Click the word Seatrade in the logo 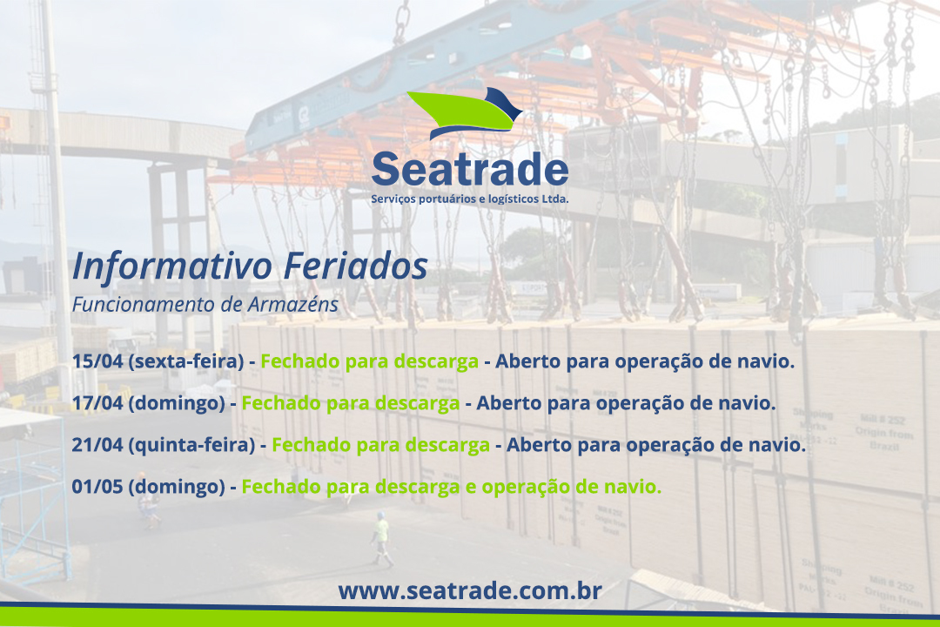[x=470, y=169]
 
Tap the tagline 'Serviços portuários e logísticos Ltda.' [x=470, y=199]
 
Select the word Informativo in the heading [x=172, y=266]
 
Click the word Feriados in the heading [x=355, y=266]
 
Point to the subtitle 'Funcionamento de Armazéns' [x=205, y=304]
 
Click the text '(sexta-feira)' [x=186, y=361]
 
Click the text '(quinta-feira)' [x=191, y=445]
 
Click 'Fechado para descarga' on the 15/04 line [x=369, y=361]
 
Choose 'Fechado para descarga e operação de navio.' [x=452, y=487]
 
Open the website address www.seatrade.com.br [x=470, y=591]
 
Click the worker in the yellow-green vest [x=380, y=538]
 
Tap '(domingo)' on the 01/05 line [x=176, y=487]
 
